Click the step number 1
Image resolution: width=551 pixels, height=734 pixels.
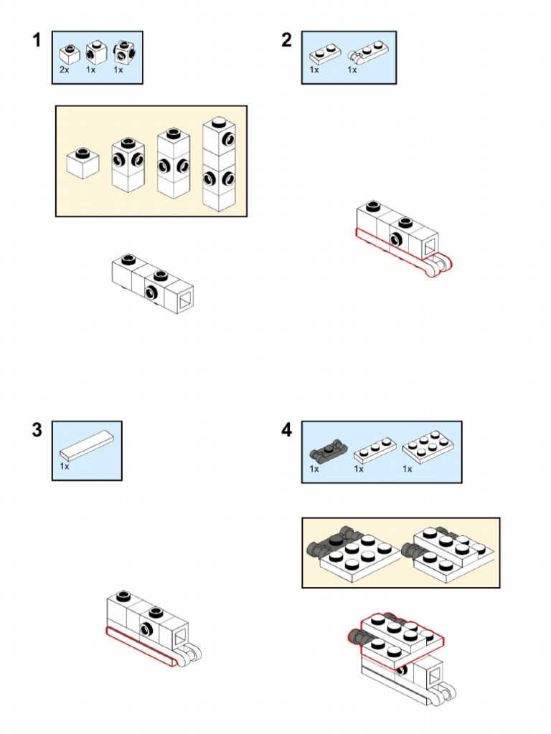click(x=37, y=41)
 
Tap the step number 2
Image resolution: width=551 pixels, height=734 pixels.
click(x=286, y=41)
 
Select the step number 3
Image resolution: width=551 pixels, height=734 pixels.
click(x=37, y=431)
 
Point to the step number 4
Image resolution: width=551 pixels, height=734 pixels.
click(x=286, y=431)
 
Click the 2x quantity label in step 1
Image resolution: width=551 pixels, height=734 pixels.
click(x=65, y=71)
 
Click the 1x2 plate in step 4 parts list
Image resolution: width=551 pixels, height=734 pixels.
click(x=375, y=450)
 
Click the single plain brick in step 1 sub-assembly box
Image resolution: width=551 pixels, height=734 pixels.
click(x=83, y=163)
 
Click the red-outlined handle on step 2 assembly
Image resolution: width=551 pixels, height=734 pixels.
click(x=438, y=266)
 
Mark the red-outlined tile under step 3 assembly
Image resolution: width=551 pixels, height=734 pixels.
click(x=140, y=648)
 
